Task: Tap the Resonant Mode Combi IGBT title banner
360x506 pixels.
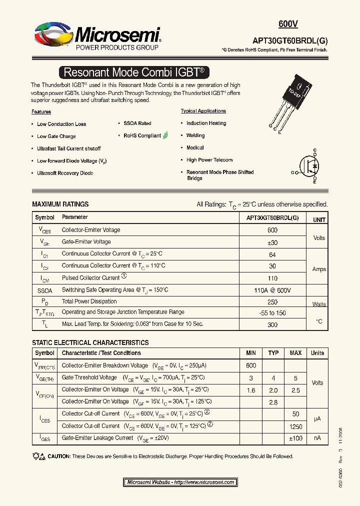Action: pos(134,72)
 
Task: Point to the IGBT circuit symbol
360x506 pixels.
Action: pos(309,166)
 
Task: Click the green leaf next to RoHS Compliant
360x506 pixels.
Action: pos(166,135)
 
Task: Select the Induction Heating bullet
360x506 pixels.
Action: pos(206,123)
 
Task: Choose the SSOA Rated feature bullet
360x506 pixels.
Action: pos(137,123)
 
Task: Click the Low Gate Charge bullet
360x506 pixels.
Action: pos(56,136)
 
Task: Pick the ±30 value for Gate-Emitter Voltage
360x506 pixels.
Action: pos(272,242)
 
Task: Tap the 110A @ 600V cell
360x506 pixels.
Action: pos(272,290)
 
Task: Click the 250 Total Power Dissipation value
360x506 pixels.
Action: pos(272,301)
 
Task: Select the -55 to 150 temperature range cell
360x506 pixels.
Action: pos(272,312)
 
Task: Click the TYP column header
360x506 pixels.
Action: pos(273,353)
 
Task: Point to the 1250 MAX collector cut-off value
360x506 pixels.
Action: pos(295,426)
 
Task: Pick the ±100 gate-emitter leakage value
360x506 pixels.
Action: pos(295,438)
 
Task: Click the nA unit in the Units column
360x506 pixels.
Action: pos(317,438)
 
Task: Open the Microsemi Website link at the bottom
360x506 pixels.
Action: pos(180,482)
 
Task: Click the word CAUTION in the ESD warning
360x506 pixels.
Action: pos(59,456)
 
